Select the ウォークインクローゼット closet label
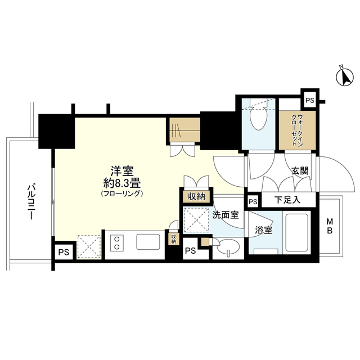point(298,130)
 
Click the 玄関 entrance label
point(300,171)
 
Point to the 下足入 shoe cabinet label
point(287,200)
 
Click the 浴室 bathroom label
point(264,230)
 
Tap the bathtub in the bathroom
point(296,233)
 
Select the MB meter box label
point(330,226)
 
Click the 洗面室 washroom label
point(226,215)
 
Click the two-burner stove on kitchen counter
point(117,243)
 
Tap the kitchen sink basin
point(148,242)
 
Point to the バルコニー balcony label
point(30,202)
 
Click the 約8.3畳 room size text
point(122,183)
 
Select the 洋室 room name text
point(122,171)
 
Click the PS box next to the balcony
point(64,253)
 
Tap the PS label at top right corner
point(310,101)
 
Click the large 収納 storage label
point(196,196)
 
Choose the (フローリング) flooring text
point(122,194)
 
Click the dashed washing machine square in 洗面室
point(196,220)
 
